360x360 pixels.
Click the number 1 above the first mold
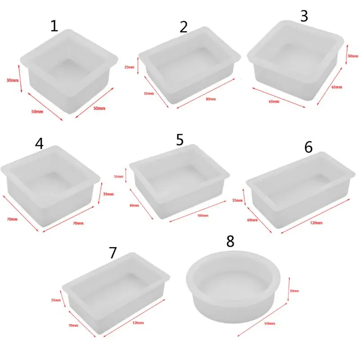[x=54, y=26]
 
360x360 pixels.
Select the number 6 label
[x=308, y=147]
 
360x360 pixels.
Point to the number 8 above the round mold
[x=230, y=242]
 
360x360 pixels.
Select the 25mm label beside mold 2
[x=129, y=67]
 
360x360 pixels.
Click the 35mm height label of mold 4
[x=108, y=194]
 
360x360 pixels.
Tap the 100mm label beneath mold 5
[x=203, y=216]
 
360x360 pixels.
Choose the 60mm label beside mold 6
[x=252, y=220]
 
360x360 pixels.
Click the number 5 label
[x=180, y=140]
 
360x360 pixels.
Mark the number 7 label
[x=112, y=253]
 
